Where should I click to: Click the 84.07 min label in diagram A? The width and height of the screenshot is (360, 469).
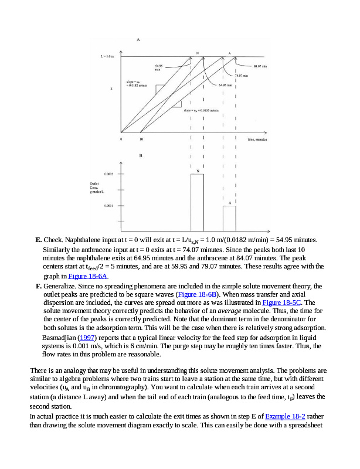tap(260, 67)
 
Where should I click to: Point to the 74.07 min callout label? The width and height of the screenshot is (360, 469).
tap(242, 76)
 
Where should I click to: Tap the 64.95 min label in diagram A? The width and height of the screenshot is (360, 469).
tap(226, 86)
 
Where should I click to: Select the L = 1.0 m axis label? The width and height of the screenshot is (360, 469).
tap(107, 56)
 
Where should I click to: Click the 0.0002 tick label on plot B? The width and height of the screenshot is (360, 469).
tap(109, 174)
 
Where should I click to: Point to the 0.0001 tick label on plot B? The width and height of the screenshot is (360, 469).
tap(109, 206)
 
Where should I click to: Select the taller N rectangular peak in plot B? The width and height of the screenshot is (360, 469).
tap(198, 202)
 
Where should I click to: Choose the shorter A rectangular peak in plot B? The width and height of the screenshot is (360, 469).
tap(229, 218)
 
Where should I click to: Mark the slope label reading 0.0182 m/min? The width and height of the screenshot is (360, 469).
tap(136, 84)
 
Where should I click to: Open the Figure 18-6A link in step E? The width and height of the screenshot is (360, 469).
tap(89, 276)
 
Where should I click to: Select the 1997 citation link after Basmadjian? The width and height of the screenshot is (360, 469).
tap(86, 338)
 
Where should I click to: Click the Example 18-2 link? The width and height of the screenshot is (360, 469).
tap(285, 416)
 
